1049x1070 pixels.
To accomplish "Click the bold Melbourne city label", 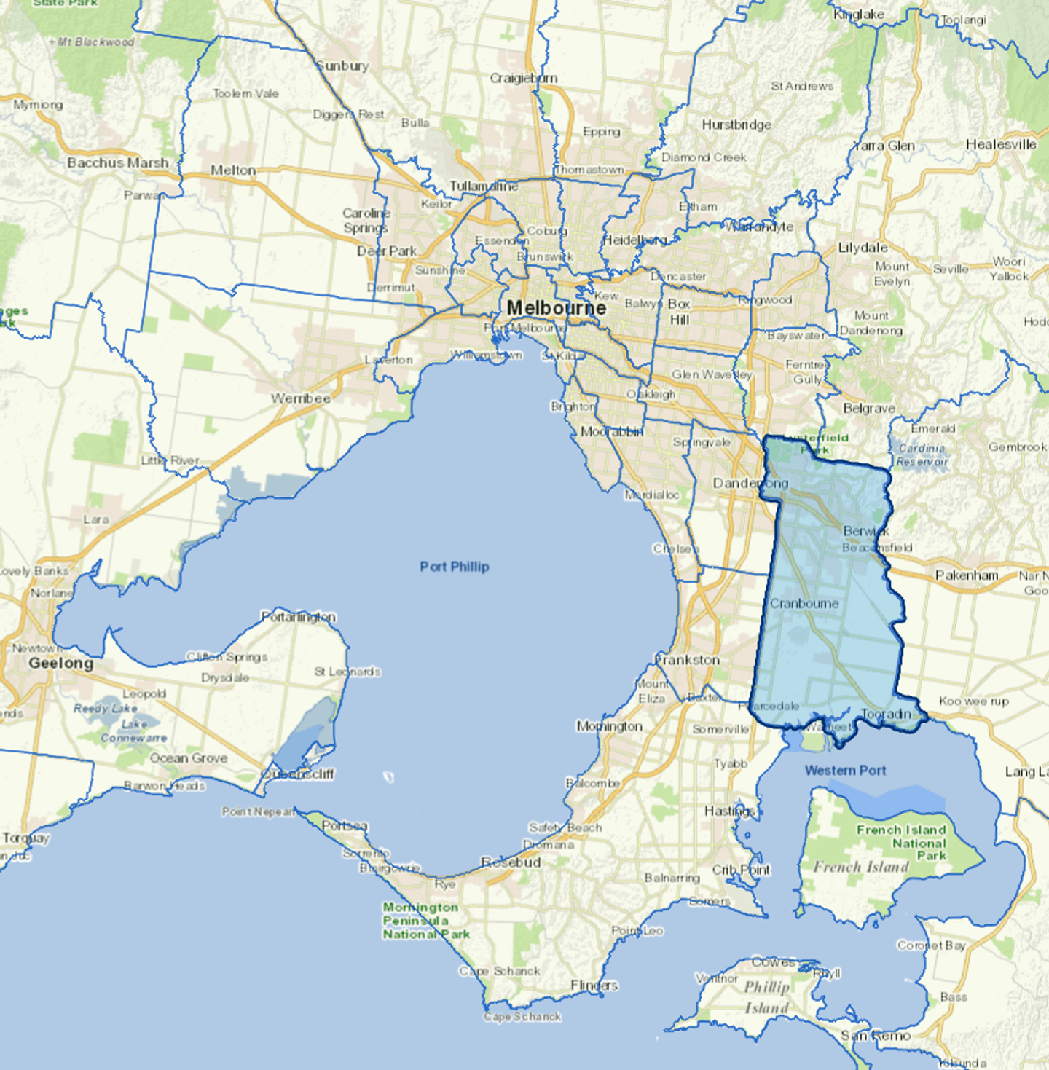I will coord(556,308).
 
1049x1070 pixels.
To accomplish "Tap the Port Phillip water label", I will coord(454,567).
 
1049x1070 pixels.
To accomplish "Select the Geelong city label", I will coord(61,663).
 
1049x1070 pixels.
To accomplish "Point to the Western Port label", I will coord(845,770).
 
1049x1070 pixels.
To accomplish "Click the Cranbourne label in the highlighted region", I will coord(804,604).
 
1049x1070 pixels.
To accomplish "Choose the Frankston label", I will coord(687,660).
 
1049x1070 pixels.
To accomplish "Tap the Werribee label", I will coord(301,398).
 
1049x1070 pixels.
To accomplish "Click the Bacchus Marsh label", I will coord(117,162).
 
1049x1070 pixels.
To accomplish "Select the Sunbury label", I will coord(342,66).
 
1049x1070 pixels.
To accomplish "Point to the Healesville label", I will coord(1001,144).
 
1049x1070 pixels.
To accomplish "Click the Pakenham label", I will coord(967,575).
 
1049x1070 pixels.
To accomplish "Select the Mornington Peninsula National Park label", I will coord(425,921).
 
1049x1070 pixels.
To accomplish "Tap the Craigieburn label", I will coord(523,78).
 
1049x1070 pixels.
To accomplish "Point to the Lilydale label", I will coord(863,248).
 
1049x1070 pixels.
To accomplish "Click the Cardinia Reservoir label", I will coord(922,455).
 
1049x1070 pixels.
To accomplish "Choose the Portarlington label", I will coord(299,617).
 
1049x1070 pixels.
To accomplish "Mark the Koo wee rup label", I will coord(974,701).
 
